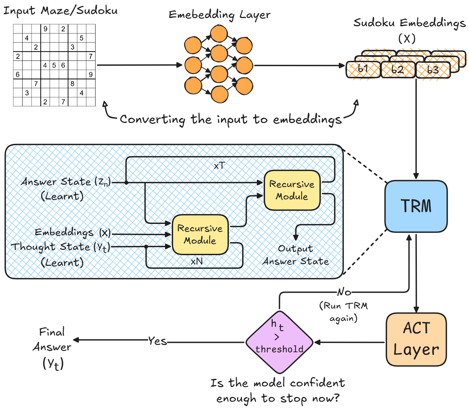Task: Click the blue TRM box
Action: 416,206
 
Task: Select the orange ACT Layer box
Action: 416,339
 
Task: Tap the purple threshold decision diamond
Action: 279,342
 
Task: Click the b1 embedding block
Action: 363,69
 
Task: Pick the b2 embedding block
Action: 398,70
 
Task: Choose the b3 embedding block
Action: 433,70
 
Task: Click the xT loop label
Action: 219,165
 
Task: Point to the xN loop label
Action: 197,261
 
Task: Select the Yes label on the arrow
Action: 157,341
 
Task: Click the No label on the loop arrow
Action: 344,292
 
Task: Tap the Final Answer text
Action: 52,339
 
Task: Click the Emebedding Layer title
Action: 220,15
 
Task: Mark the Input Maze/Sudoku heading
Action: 60,11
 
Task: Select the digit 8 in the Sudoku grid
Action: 72,84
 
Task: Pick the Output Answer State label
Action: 296,255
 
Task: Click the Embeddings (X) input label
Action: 73,232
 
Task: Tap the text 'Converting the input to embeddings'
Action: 231,119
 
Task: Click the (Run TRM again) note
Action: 343,312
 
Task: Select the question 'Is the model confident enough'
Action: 278,390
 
